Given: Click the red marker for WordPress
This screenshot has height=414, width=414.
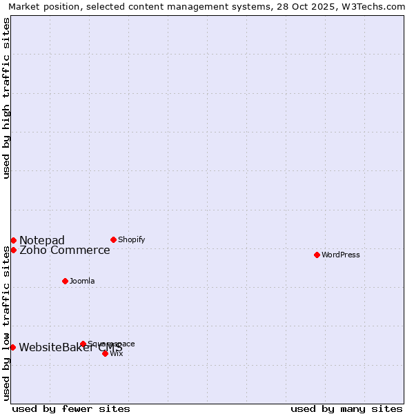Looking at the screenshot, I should click(317, 255).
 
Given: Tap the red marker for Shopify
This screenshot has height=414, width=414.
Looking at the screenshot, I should click(113, 239).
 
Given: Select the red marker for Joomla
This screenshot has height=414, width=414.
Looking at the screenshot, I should click(65, 281).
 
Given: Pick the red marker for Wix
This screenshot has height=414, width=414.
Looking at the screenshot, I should click(105, 353).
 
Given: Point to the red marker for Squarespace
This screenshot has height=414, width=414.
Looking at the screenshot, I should click(83, 344).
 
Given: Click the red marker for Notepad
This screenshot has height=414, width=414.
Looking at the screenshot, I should click(13, 240).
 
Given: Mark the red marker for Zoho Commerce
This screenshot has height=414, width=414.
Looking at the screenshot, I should click(13, 250).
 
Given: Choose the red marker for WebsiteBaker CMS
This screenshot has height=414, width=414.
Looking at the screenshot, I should click(12, 347).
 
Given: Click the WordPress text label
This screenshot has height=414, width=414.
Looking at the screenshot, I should click(341, 255).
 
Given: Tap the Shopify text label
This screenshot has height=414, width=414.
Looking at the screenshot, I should click(132, 239).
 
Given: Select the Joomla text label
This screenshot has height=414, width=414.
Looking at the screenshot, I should click(82, 281).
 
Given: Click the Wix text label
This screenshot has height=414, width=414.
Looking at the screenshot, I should click(117, 353).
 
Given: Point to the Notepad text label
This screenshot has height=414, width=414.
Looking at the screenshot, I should click(42, 240).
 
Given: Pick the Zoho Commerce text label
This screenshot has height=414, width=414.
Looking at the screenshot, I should click(65, 250).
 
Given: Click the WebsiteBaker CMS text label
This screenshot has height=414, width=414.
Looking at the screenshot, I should click(70, 347).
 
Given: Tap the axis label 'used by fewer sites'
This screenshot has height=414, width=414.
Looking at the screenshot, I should click(71, 408).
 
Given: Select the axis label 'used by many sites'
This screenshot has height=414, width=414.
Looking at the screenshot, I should click(346, 408).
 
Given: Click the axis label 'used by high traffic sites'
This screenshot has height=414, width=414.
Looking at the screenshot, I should click(6, 98).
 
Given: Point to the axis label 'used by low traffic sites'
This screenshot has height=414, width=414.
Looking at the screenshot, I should click(6, 323).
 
